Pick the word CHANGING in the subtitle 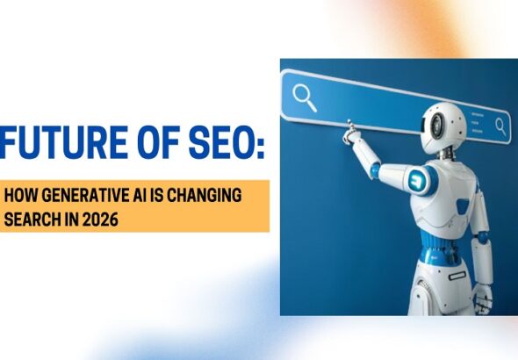207,194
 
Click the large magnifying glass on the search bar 305,97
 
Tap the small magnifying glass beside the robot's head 500,126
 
